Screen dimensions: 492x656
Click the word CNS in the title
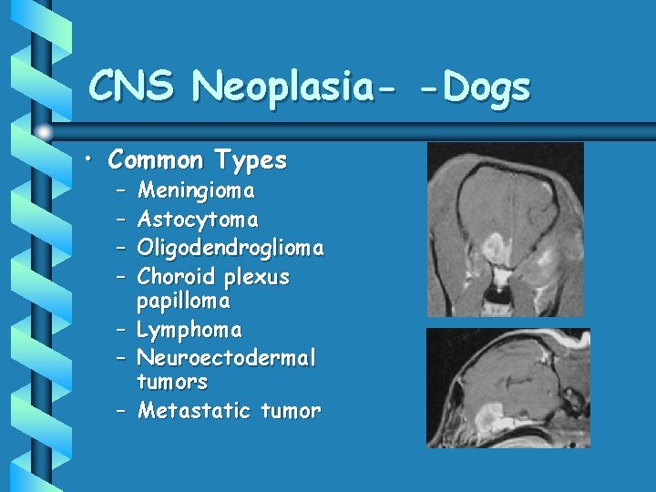(133, 87)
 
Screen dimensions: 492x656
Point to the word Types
(251, 161)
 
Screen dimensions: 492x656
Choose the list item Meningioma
(196, 191)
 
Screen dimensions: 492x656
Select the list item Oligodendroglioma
(231, 248)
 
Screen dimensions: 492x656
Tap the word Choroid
(173, 276)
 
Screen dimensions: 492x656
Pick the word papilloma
(183, 301)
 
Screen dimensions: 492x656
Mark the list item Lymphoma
(190, 330)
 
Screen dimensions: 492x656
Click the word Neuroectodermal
(227, 358)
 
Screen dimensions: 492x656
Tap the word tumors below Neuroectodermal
(172, 382)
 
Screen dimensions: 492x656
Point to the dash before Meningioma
(121, 192)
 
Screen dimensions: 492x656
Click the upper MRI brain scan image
(506, 229)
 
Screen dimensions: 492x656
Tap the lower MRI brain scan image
(508, 388)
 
